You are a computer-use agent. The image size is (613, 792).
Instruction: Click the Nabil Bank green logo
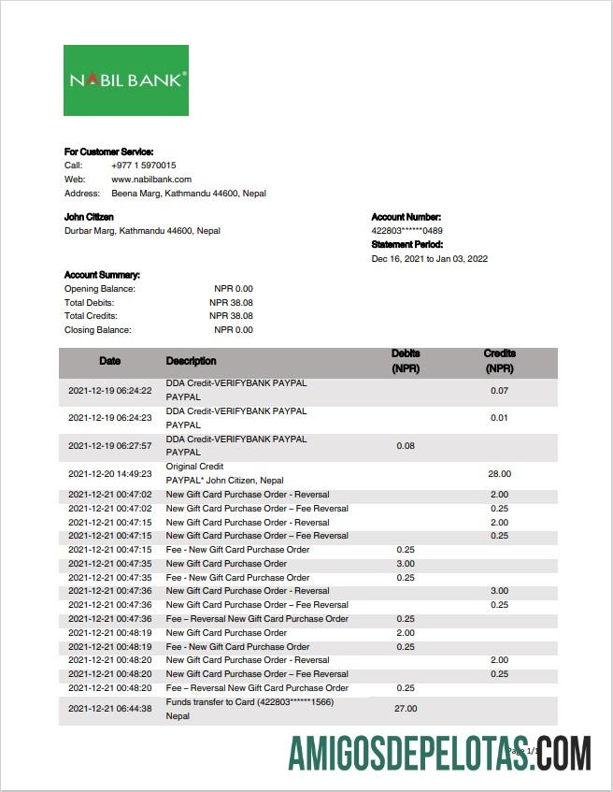(x=126, y=80)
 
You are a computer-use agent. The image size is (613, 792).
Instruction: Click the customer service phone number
(x=143, y=166)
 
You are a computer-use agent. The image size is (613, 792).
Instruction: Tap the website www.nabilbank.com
(x=151, y=180)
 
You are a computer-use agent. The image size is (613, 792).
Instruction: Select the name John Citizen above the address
(x=89, y=217)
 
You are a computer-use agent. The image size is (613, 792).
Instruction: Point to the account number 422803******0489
(x=407, y=231)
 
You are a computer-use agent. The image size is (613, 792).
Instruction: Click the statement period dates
(x=429, y=259)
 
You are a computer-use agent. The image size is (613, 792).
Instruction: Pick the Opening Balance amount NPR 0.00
(x=233, y=289)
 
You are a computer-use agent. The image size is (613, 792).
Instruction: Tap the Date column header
(x=110, y=361)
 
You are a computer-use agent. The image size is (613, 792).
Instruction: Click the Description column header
(x=191, y=361)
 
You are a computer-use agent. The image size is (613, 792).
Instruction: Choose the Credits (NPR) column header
(x=499, y=361)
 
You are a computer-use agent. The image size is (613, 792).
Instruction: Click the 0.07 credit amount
(x=499, y=390)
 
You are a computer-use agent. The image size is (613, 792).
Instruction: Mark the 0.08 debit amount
(x=406, y=446)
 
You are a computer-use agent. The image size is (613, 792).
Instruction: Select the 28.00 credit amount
(x=499, y=474)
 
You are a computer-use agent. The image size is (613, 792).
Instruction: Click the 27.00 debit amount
(x=406, y=709)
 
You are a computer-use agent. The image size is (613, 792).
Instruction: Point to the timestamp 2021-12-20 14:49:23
(x=110, y=474)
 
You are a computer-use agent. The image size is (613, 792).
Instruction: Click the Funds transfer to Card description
(x=249, y=702)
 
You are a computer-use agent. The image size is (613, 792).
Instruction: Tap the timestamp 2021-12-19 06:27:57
(x=110, y=446)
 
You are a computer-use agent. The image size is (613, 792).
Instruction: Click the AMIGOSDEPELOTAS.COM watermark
(x=439, y=753)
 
